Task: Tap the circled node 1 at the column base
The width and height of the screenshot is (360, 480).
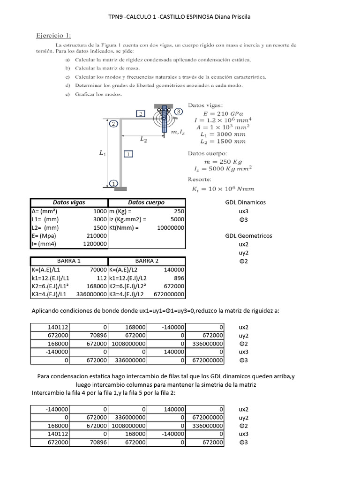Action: click(x=112, y=183)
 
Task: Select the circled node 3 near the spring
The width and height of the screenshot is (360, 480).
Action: click(x=179, y=112)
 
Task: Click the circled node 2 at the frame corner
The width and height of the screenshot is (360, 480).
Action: click(x=113, y=124)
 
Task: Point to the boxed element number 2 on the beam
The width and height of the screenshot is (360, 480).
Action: click(x=141, y=113)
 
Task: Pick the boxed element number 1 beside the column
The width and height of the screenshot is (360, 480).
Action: click(x=129, y=153)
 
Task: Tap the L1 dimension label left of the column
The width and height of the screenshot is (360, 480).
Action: click(x=103, y=153)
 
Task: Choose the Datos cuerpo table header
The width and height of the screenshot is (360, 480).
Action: click(x=146, y=202)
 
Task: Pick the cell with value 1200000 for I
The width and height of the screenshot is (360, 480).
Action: click(x=95, y=244)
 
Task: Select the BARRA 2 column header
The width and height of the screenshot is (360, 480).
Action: click(x=147, y=261)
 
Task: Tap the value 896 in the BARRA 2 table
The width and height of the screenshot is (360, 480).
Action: click(x=178, y=278)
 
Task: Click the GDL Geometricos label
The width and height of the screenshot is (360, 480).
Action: click(x=248, y=236)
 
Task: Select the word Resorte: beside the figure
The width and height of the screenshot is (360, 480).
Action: click(x=200, y=179)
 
